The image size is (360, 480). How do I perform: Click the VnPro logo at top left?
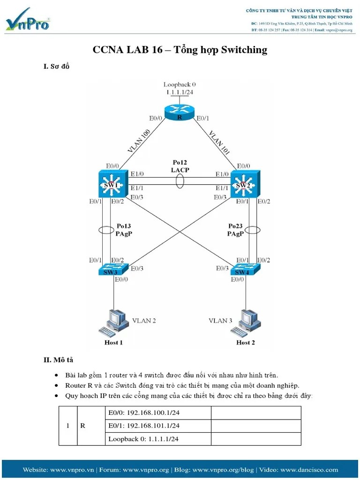point(28,20)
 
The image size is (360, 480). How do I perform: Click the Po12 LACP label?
point(180,166)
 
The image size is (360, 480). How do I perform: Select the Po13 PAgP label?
point(124,230)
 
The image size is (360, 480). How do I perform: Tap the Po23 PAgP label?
point(235,230)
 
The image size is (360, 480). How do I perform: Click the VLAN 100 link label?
point(138,140)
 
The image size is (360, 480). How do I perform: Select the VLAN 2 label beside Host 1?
point(143,321)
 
